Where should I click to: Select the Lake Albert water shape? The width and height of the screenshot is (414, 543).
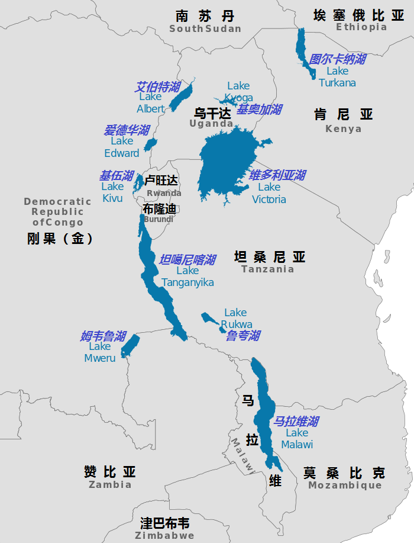(181, 97)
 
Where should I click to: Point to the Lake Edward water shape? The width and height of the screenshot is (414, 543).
(151, 144)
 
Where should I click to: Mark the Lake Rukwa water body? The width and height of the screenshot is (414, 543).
(209, 320)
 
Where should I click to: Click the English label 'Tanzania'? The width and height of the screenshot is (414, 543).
(267, 269)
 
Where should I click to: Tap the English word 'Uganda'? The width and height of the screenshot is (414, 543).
(211, 124)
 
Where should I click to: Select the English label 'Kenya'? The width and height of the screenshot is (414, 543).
(343, 129)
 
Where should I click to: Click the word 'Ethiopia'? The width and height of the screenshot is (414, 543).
(361, 27)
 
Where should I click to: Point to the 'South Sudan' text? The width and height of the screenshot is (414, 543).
(205, 29)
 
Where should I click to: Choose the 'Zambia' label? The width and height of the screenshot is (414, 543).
(110, 485)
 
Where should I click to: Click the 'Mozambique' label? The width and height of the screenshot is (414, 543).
(345, 486)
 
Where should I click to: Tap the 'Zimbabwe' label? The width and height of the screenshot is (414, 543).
(164, 536)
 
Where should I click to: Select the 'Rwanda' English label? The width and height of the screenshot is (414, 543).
(164, 193)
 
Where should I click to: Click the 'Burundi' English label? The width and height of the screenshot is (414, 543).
(159, 219)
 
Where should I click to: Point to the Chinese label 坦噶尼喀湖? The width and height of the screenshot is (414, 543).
(187, 260)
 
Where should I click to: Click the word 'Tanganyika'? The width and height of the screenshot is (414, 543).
(187, 282)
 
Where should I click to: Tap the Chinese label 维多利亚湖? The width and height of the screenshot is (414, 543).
(277, 175)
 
